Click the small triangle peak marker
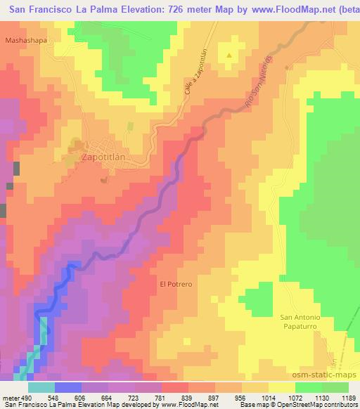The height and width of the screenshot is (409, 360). point(229,54)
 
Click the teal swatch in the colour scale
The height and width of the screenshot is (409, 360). point(41,387)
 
